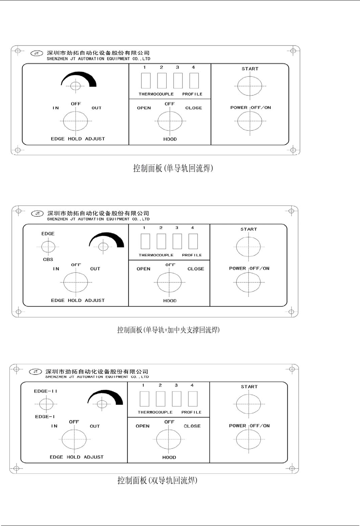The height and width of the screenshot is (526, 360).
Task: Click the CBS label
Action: (48, 259)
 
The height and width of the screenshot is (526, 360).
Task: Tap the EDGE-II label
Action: (46, 391)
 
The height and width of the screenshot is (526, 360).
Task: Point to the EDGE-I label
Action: (45, 417)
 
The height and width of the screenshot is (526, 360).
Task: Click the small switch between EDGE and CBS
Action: (48, 247)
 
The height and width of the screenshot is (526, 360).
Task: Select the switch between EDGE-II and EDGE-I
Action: (46, 404)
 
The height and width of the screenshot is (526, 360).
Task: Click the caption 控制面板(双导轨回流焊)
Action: (157, 480)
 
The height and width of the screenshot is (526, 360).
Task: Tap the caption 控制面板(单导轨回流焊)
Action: (173, 168)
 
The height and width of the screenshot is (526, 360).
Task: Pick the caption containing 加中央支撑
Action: (168, 330)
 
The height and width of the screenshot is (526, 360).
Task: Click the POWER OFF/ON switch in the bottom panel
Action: (248, 439)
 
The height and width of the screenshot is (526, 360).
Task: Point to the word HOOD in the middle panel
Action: (170, 301)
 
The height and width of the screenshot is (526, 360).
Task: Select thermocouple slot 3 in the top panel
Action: (178, 81)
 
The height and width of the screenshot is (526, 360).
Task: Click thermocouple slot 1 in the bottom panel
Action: (144, 399)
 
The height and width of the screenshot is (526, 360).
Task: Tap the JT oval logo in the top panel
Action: (37, 53)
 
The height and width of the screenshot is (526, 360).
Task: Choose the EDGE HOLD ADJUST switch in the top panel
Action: (76, 121)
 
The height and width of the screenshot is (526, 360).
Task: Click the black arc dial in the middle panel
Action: (107, 241)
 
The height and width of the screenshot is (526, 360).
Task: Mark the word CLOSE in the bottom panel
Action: (192, 426)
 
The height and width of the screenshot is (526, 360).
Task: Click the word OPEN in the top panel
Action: (144, 108)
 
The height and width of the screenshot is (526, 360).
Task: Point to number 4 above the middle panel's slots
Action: (192, 228)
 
